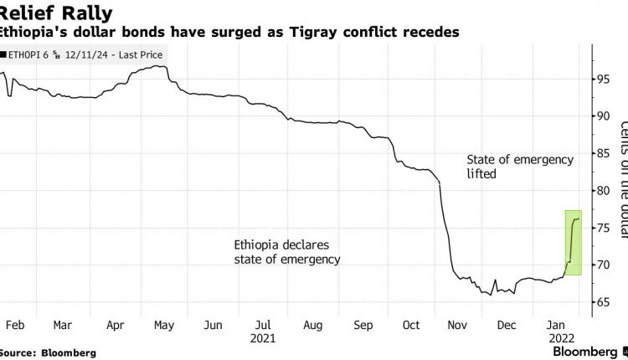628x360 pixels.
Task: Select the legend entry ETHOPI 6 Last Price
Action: [84, 54]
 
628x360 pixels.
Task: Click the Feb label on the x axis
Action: [13, 324]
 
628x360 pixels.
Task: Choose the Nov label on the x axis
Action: [459, 324]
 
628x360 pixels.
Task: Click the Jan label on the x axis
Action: [557, 324]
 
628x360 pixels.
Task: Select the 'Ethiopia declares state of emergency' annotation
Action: [286, 251]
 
